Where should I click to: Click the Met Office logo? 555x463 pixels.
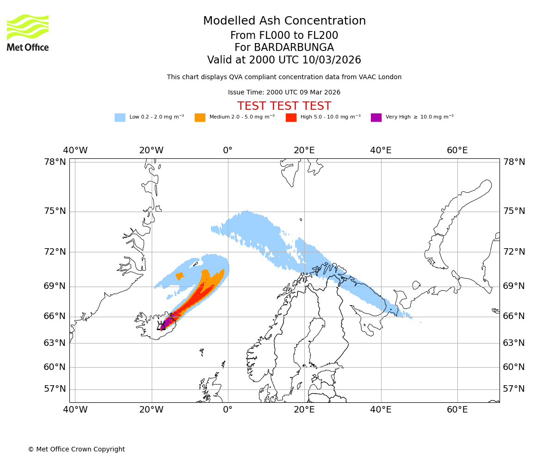click(x=28, y=32)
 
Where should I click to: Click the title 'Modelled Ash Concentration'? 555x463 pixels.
click(x=284, y=21)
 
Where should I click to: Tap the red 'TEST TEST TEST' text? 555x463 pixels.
click(x=284, y=106)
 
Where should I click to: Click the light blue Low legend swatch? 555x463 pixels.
click(x=120, y=118)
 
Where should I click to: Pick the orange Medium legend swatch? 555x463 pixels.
click(x=200, y=118)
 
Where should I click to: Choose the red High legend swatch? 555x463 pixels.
click(x=291, y=118)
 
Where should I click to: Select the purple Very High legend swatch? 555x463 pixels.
click(x=376, y=118)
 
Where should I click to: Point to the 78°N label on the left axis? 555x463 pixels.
click(x=55, y=162)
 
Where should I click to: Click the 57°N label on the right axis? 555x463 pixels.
click(x=514, y=389)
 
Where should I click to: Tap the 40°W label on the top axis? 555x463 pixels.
click(x=75, y=150)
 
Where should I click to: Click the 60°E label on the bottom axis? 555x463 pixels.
click(x=457, y=410)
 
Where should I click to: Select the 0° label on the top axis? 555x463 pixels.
click(x=228, y=150)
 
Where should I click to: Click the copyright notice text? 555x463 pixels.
click(x=76, y=450)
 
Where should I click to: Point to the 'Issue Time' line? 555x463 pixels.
click(x=284, y=93)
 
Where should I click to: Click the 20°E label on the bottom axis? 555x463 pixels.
click(x=304, y=410)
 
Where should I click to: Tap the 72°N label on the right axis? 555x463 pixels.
click(x=514, y=252)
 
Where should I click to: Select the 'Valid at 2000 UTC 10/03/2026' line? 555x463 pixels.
click(x=284, y=60)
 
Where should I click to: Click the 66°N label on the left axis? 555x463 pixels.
click(x=55, y=316)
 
